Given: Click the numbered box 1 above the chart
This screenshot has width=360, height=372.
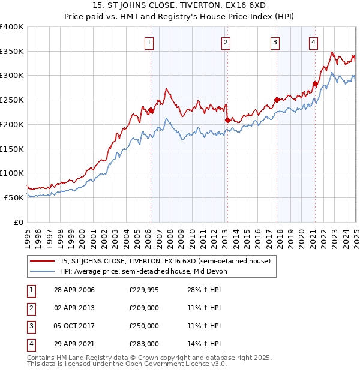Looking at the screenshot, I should coord(148,42).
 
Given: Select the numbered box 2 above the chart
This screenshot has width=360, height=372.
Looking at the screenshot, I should coord(226,42).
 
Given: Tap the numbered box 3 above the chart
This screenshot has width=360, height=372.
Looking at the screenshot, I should coord(275,42).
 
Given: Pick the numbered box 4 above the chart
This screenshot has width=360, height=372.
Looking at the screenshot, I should coord(313,42).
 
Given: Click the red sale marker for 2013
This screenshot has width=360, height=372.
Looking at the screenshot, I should coord(227,120).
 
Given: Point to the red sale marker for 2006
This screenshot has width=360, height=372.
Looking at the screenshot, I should coord(151,110).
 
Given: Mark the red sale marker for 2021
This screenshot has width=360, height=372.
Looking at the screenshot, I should coord(315,84).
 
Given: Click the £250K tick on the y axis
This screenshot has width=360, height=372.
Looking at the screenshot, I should coord(12,100).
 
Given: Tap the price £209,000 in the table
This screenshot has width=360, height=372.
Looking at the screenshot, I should coord(144,308).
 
